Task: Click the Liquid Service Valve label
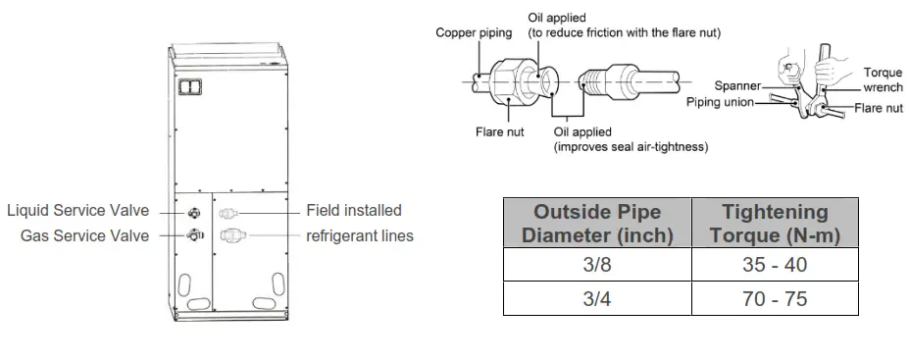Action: tap(77, 211)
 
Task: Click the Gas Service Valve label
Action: tap(85, 235)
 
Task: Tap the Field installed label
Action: tap(354, 211)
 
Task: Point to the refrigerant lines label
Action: tap(360, 235)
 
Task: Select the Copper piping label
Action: tap(474, 33)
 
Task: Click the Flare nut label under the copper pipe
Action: tap(497, 131)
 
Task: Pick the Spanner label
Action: tap(737, 85)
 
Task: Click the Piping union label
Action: tap(725, 101)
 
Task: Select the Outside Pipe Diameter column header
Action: tap(597, 224)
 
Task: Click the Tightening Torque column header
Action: tap(775, 224)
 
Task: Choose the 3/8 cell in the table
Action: tap(597, 265)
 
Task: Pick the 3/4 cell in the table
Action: tap(597, 298)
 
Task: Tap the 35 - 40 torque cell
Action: tap(775, 265)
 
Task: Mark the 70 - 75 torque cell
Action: tap(775, 298)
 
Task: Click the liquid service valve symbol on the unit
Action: tap(193, 212)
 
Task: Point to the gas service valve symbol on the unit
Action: tap(193, 234)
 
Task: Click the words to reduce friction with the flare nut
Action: tap(625, 33)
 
